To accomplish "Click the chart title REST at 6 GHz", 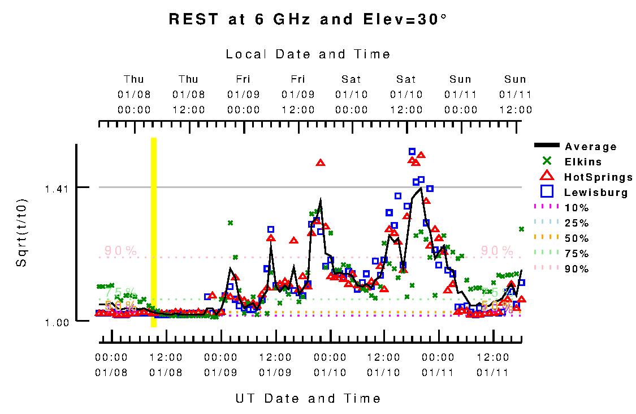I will [x=308, y=19].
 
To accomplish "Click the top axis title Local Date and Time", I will [x=308, y=54].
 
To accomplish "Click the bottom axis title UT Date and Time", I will [x=308, y=399].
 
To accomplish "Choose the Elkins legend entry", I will [x=583, y=162].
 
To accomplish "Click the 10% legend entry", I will [x=577, y=208].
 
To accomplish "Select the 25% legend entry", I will [x=577, y=223].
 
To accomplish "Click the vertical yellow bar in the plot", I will [x=153, y=232].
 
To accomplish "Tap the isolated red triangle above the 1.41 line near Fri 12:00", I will [x=321, y=163].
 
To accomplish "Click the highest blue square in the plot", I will [x=412, y=151].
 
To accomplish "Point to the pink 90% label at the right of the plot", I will [x=497, y=250].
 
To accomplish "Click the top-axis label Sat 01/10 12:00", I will [x=406, y=94].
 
